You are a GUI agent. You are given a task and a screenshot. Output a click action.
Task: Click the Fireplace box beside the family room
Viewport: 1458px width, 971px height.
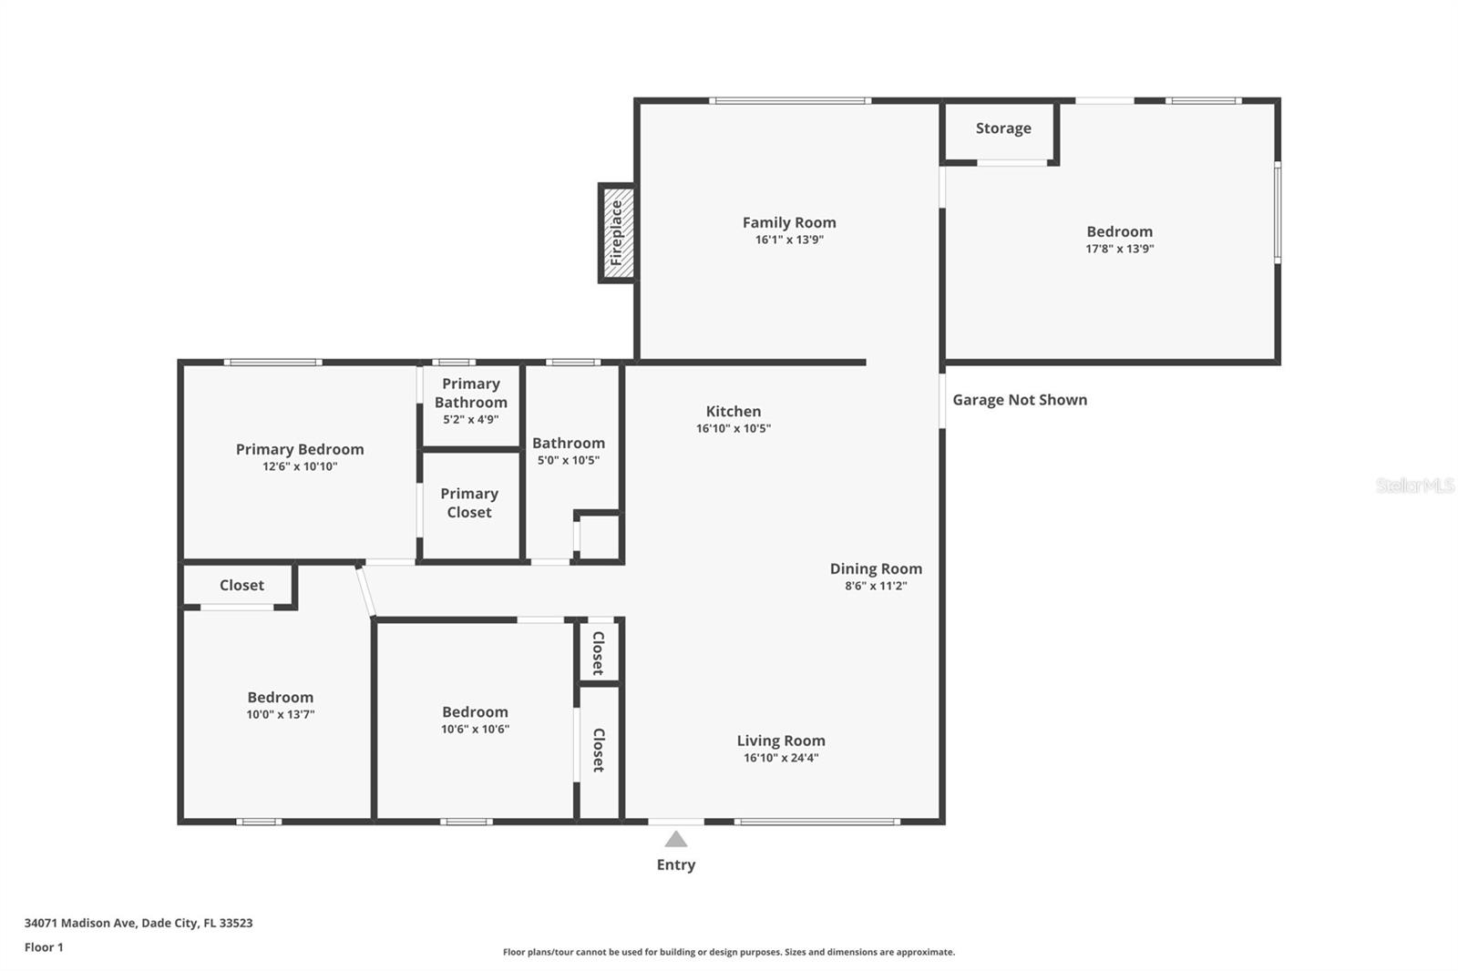pos(617,233)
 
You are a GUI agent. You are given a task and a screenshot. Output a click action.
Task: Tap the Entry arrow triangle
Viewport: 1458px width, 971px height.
pos(675,839)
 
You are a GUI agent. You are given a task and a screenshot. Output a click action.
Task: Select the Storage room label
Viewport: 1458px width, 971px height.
pos(1003,128)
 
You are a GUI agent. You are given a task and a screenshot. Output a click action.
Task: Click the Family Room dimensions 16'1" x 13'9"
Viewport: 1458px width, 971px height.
pos(789,240)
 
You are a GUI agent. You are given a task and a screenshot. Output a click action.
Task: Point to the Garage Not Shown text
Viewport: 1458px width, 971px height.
pos(1020,400)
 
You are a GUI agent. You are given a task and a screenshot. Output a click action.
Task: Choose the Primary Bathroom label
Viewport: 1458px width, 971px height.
pos(471,394)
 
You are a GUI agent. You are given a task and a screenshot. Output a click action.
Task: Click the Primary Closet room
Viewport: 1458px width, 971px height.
pos(469,503)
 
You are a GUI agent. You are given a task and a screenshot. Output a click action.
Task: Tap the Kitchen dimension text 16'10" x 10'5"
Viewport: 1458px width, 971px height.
pos(734,428)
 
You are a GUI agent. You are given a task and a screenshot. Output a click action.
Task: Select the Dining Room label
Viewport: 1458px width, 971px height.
pos(876,568)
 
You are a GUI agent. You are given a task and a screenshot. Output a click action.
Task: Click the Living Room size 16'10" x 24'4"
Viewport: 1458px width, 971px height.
pos(781,758)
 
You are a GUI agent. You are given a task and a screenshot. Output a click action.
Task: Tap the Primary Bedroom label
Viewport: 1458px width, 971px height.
pos(300,449)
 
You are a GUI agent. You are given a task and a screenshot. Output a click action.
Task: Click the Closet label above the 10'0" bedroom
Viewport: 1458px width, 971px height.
pos(241,586)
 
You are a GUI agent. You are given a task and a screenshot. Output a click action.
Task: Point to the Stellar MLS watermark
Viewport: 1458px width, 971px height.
pos(1414,485)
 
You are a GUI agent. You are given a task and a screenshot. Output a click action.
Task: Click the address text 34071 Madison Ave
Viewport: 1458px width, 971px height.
pos(139,923)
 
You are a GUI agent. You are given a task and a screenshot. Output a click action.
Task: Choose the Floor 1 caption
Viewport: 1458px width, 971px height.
pos(44,947)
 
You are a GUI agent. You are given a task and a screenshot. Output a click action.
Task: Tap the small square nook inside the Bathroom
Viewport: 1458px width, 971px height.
pos(599,537)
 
